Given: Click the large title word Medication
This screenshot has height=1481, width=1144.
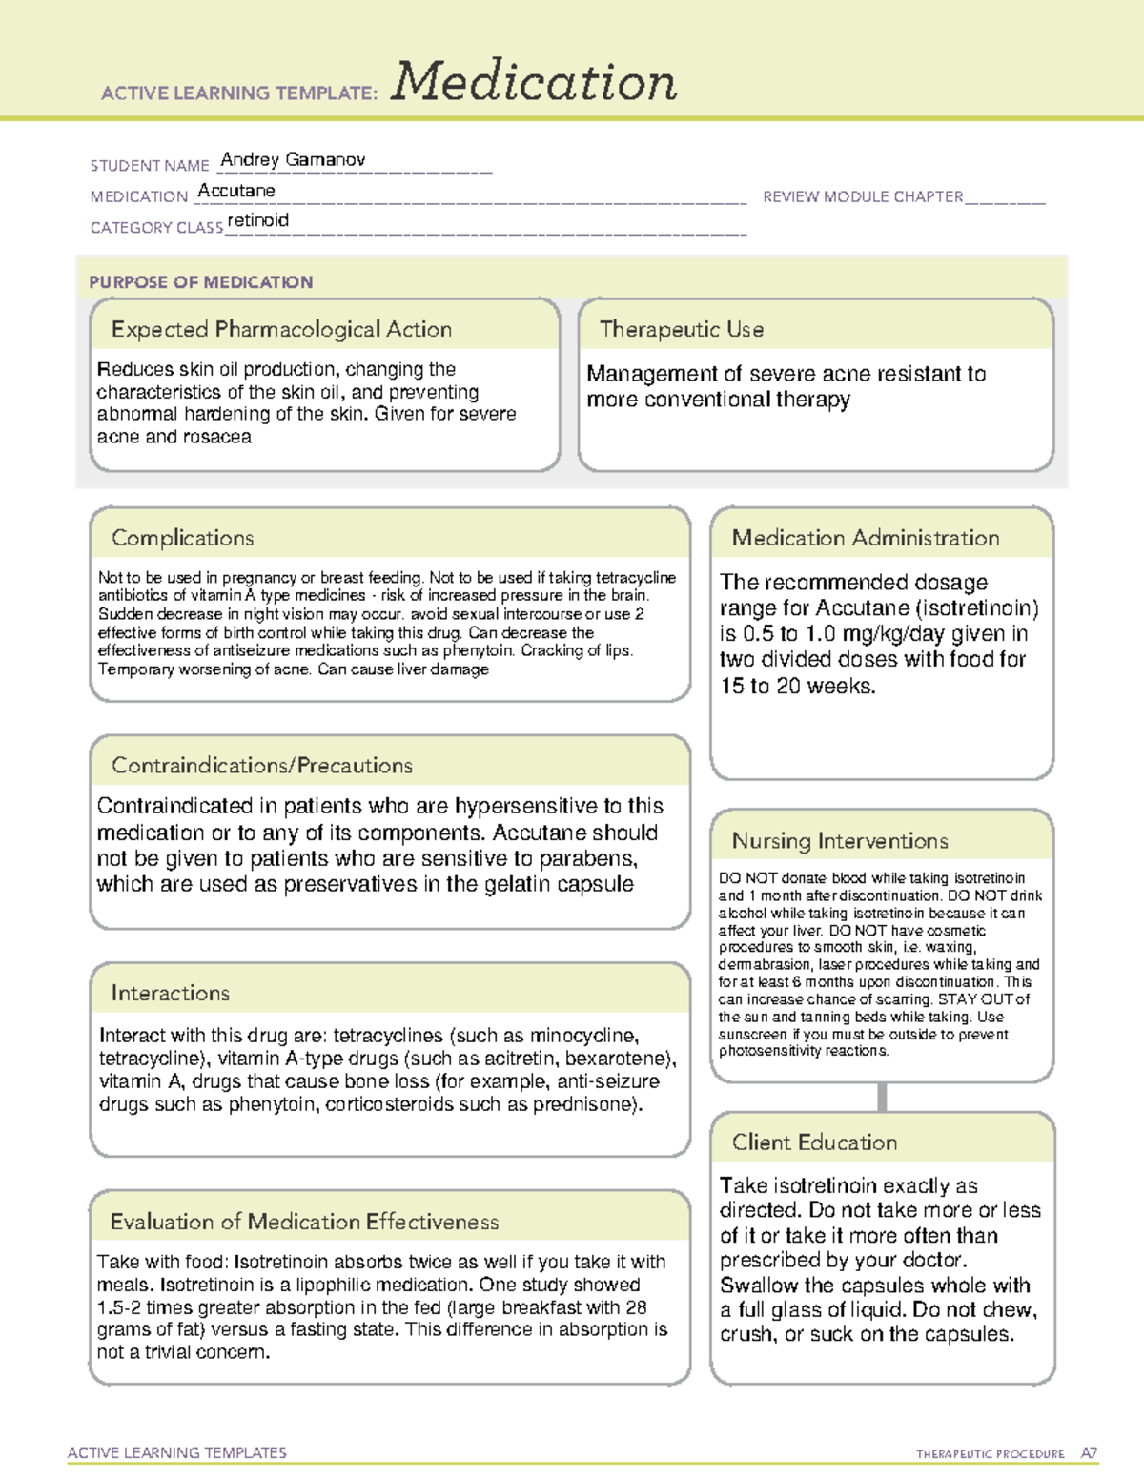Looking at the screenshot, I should (x=534, y=83).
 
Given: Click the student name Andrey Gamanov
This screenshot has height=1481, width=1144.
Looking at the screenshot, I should (x=293, y=160).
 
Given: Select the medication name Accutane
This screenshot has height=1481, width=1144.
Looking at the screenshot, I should (x=236, y=191).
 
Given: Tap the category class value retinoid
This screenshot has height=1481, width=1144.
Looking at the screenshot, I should (x=258, y=220).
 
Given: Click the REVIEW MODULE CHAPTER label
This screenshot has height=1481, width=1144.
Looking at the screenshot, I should (x=862, y=196).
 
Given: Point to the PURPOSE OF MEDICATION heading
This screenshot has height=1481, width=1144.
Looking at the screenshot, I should (x=201, y=282).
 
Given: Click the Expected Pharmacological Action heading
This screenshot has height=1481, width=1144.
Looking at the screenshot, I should (x=281, y=330).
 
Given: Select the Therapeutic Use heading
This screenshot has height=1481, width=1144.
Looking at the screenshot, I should (x=681, y=330).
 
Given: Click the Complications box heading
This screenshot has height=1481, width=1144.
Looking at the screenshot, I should (x=182, y=539).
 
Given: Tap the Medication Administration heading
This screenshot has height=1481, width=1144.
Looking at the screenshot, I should (x=865, y=539).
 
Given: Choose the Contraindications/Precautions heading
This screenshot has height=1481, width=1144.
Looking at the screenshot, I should (x=262, y=766).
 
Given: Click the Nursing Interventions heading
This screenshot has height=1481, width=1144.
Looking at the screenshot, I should (x=839, y=841).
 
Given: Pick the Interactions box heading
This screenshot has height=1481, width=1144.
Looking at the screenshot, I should (x=170, y=994).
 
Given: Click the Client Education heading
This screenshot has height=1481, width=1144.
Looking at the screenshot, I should (x=814, y=1142).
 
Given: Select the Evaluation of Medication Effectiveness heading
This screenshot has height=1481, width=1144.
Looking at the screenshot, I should (x=304, y=1223).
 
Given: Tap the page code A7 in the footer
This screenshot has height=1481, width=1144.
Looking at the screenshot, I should (x=1088, y=1453).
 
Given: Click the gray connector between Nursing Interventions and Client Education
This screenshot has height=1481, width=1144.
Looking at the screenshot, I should (x=882, y=1097).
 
